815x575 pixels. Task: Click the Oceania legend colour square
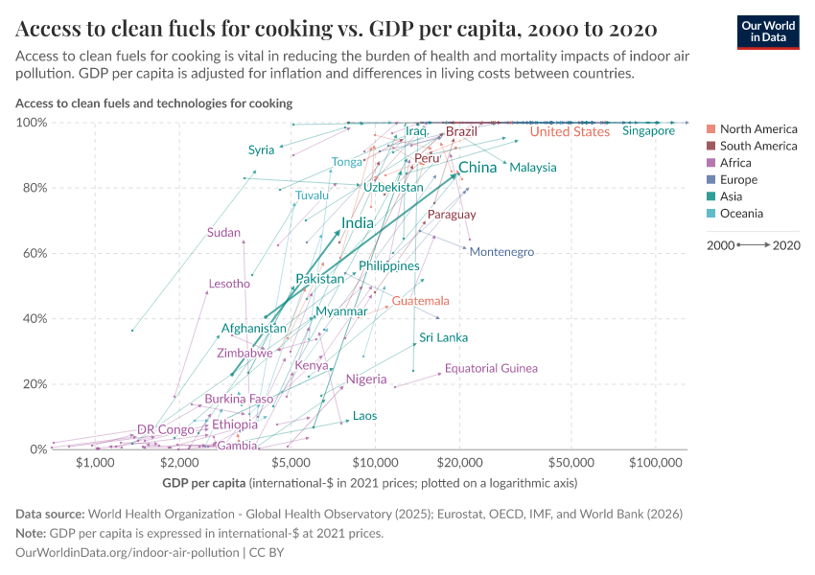[x=711, y=214]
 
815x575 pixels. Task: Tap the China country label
[x=477, y=168]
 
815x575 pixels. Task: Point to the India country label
[x=358, y=223]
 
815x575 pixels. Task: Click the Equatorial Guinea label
[x=491, y=368]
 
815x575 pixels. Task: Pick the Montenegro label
[x=501, y=252]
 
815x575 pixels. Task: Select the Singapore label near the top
[x=648, y=131]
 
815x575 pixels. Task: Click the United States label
[x=570, y=132]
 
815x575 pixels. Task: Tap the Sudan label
[x=223, y=233]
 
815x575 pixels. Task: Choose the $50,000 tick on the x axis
[x=571, y=463]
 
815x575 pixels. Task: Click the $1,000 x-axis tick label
[x=94, y=463]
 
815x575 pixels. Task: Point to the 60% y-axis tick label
[x=32, y=254]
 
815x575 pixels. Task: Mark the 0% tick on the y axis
[x=35, y=448]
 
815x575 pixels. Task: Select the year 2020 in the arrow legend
[x=786, y=245]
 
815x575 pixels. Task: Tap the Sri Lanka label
[x=444, y=337]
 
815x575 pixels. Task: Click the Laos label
[x=364, y=416]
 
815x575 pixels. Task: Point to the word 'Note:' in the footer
[x=33, y=533]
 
